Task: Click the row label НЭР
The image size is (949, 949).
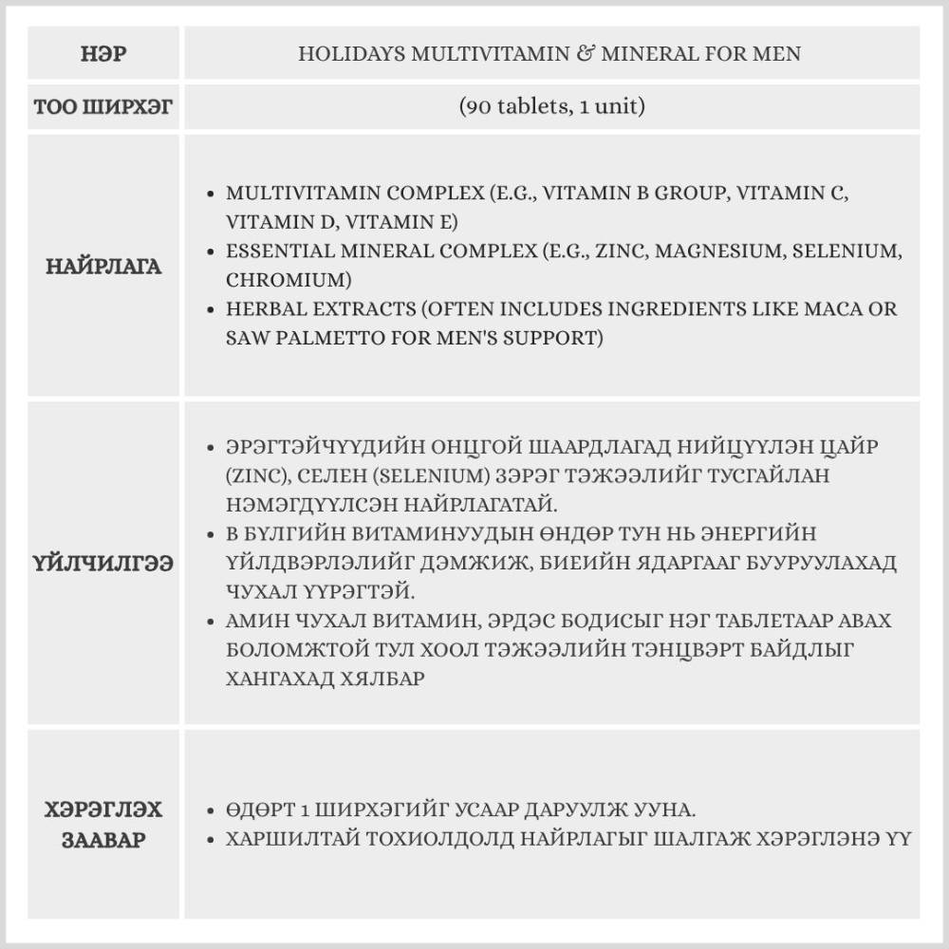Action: (x=103, y=54)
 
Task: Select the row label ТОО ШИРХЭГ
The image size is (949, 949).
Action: (x=103, y=106)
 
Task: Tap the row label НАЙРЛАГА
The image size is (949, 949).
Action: (x=103, y=267)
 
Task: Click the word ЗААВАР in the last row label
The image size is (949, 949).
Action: (x=103, y=841)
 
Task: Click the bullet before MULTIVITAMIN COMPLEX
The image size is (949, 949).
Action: (x=211, y=194)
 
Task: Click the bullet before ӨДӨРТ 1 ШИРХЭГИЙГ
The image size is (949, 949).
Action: (x=211, y=812)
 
